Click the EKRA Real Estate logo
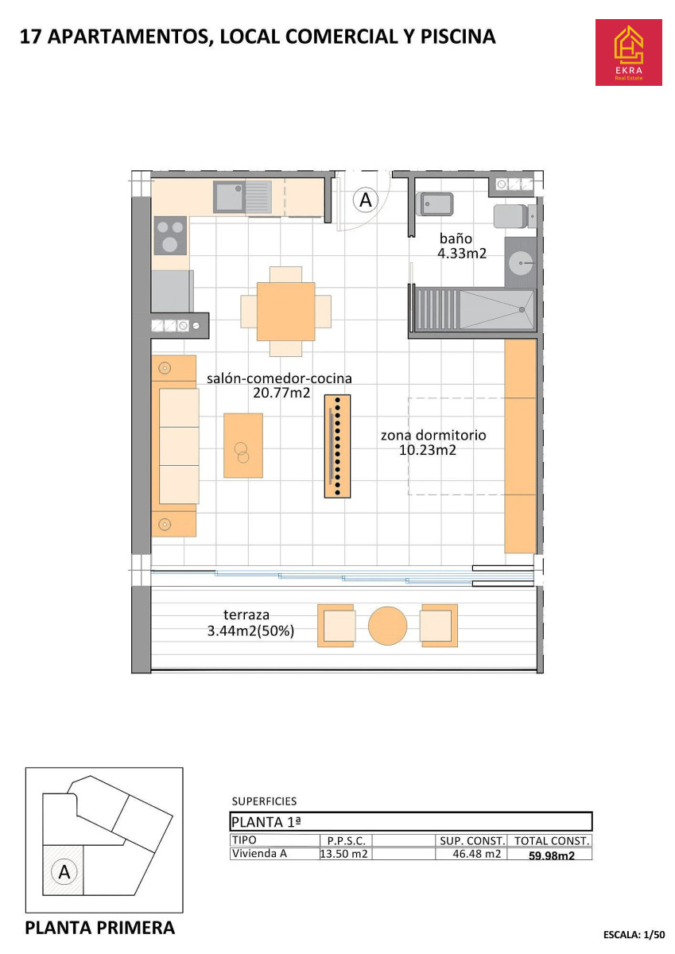pos(628,52)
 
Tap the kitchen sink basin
pos(229,197)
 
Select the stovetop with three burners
pos(170,235)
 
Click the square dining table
pos(285,312)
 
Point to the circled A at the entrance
pos(366,200)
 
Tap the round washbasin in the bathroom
pos(521,263)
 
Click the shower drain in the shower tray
pos(522,309)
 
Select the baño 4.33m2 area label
pos(462,246)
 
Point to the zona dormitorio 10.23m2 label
pos(433,443)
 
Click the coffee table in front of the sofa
pos(243,445)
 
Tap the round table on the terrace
pos(387,626)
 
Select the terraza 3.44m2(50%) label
pos(250,622)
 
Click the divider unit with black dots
pos(337,446)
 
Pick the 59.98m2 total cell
pos(552,855)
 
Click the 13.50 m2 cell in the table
pos(343,854)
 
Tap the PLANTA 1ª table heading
pos(266,822)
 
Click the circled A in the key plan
pos(64,872)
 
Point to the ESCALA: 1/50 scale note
pos(634,934)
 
